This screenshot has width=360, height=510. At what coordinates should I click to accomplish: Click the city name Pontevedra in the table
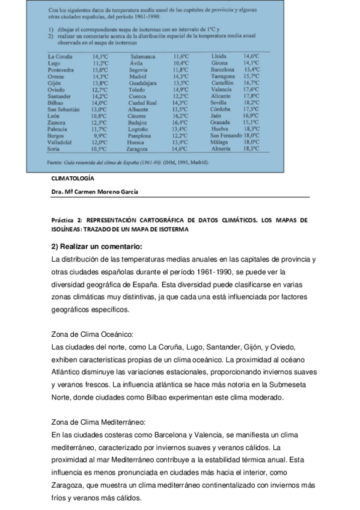tap(61, 70)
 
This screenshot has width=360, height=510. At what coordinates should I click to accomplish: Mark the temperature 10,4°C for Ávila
tap(181, 63)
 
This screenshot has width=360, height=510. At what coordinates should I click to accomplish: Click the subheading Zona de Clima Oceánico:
tap(93, 334)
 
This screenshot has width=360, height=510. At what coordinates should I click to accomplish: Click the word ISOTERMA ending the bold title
tap(173, 230)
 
